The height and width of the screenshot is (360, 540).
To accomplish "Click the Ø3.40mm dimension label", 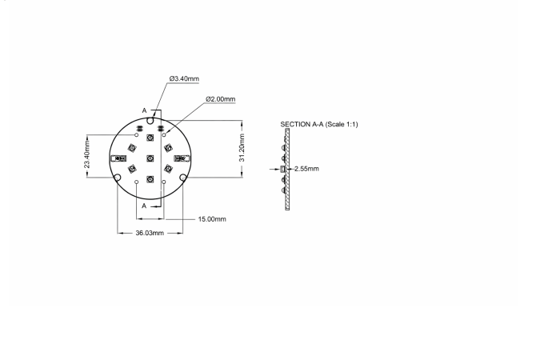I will [x=184, y=79].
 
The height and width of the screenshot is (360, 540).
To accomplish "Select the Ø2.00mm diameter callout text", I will [x=220, y=99].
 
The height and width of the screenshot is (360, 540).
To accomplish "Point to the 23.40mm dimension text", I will [x=87, y=153].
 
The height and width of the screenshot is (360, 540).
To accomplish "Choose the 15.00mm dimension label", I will [x=212, y=218].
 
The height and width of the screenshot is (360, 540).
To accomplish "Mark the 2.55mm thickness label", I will [x=306, y=170].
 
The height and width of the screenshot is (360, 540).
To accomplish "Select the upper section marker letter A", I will [x=144, y=110].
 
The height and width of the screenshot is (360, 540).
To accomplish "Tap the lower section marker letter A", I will [x=144, y=206].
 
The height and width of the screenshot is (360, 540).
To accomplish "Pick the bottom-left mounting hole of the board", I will [x=118, y=177].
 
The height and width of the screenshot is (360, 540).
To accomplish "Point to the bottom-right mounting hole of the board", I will [x=183, y=177].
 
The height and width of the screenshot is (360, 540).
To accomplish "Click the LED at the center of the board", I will [x=150, y=158].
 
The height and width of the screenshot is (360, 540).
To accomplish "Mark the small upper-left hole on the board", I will [x=137, y=135].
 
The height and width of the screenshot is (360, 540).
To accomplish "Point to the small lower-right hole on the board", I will [x=164, y=182].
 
